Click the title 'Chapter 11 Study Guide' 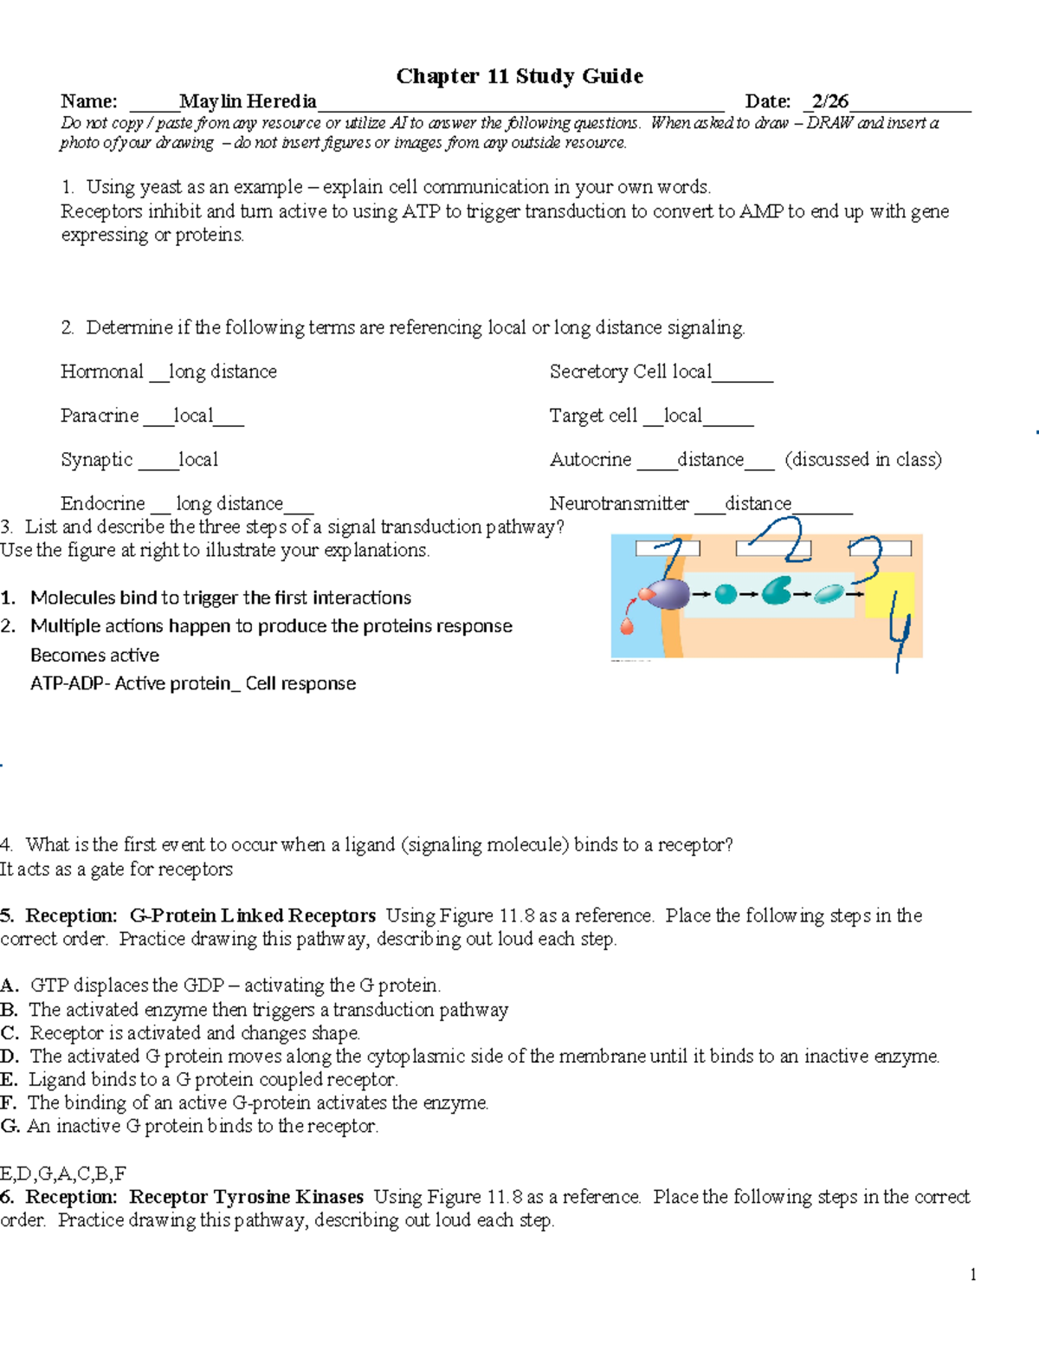519,76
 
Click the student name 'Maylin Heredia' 248,101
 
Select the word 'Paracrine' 100,416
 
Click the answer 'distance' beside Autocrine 710,460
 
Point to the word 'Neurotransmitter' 619,504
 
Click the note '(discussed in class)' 863,460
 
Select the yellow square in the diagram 889,595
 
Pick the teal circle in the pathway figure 726,594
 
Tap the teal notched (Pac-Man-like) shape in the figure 777,592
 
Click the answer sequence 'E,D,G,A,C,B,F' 63,1174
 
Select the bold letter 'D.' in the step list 10,1057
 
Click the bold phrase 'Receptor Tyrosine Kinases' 246,1197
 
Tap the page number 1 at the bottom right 973,1274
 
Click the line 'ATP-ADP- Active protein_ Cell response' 193,683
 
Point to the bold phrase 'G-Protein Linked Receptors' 252,915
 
